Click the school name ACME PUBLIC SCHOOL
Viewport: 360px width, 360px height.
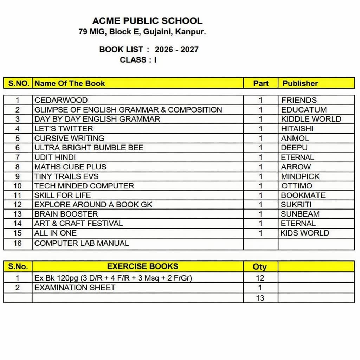(x=147, y=21)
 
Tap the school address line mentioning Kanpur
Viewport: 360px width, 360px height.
(x=142, y=32)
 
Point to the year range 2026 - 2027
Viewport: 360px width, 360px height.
(x=176, y=50)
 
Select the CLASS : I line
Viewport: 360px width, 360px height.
(x=138, y=60)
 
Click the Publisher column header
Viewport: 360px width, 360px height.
(x=300, y=83)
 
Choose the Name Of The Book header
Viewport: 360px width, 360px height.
(x=70, y=83)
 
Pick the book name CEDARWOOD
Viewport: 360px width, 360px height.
(x=61, y=100)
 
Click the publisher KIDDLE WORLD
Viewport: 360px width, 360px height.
(x=311, y=119)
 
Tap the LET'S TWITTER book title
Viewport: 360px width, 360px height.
(x=64, y=129)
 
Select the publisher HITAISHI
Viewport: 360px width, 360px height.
(x=297, y=129)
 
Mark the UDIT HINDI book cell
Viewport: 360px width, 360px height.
(x=55, y=157)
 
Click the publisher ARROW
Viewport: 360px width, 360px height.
(x=296, y=167)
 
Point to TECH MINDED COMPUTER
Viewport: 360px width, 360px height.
(x=84, y=186)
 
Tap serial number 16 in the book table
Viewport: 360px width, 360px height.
(x=18, y=243)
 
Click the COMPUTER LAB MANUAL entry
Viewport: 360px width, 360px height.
(x=82, y=243)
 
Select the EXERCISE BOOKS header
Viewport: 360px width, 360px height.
(x=142, y=266)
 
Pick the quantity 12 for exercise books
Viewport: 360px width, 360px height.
(x=260, y=278)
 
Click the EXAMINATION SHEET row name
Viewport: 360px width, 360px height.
(x=75, y=288)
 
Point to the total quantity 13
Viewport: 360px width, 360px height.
(x=260, y=298)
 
